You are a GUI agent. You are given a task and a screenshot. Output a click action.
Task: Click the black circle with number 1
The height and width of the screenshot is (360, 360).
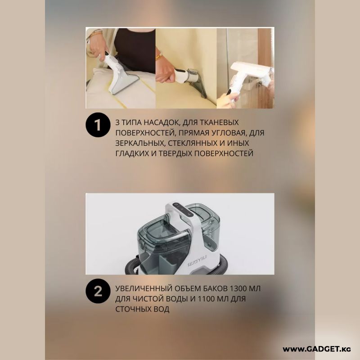[98, 125]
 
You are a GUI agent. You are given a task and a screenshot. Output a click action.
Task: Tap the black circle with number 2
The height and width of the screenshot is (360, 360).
[98, 291]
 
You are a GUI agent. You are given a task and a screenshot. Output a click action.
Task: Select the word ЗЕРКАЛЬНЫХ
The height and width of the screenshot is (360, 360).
[140, 143]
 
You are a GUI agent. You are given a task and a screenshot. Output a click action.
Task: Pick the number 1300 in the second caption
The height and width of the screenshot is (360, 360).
[240, 288]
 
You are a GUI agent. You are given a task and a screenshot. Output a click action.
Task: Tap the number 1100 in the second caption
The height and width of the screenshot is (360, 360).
[207, 299]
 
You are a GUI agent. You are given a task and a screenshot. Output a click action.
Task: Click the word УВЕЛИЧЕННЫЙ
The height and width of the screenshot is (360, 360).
[144, 288]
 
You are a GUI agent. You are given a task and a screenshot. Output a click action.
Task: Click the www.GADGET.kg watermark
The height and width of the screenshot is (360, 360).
[317, 349]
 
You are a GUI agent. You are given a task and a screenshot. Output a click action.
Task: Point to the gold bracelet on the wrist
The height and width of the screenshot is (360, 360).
[159, 57]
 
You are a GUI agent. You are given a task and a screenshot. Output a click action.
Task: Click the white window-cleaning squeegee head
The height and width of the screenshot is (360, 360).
[251, 70]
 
